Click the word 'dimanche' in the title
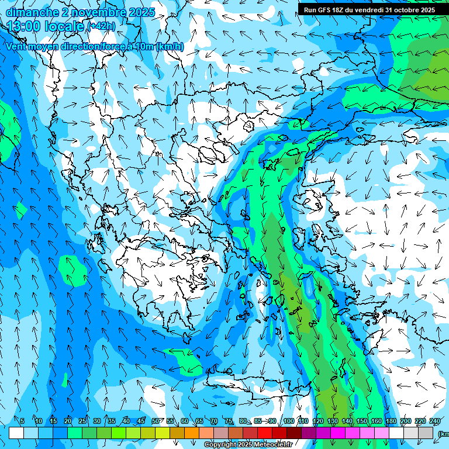32,12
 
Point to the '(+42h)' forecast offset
101,26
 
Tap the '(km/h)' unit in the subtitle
170,47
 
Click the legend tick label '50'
155,421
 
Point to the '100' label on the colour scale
288,421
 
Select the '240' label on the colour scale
435,421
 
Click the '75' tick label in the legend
228,421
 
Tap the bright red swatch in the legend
265,433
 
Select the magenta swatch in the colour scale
338,433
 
